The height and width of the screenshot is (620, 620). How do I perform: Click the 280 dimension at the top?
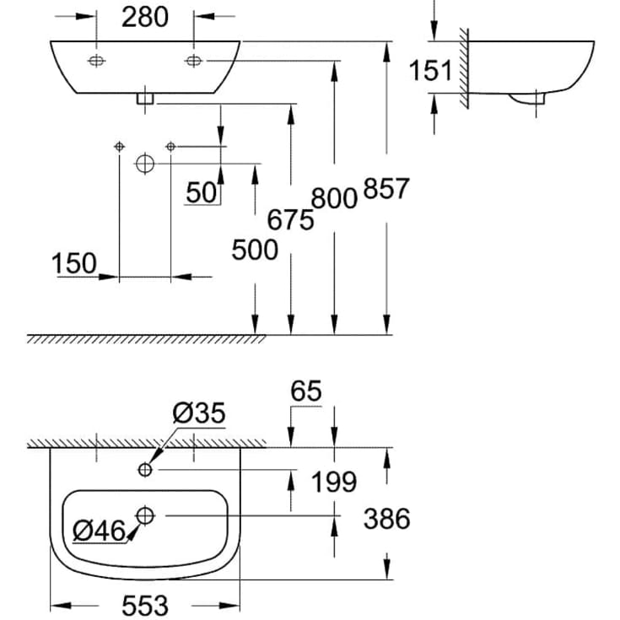click(x=145, y=17)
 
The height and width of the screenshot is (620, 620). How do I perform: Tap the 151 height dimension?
click(x=432, y=70)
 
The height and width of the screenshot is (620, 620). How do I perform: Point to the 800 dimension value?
click(x=334, y=198)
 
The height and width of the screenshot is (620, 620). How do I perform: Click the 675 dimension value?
click(x=290, y=220)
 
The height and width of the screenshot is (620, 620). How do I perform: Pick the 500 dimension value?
click(x=255, y=250)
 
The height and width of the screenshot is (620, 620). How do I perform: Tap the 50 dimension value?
click(x=202, y=192)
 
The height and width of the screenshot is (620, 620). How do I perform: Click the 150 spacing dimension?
click(x=74, y=264)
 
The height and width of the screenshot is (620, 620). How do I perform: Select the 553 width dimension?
click(x=145, y=605)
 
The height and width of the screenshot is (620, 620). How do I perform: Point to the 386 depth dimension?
click(x=386, y=518)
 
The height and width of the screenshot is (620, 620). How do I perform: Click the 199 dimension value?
click(x=334, y=483)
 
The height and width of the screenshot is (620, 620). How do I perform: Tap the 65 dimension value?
click(x=305, y=391)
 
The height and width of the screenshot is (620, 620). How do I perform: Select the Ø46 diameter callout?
click(x=98, y=531)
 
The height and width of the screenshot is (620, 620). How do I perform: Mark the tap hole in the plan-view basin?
click(x=146, y=468)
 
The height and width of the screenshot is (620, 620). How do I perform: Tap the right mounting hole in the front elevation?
click(x=194, y=61)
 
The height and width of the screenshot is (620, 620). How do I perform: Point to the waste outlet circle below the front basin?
click(x=145, y=164)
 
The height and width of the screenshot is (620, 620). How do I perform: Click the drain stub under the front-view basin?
click(x=145, y=99)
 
